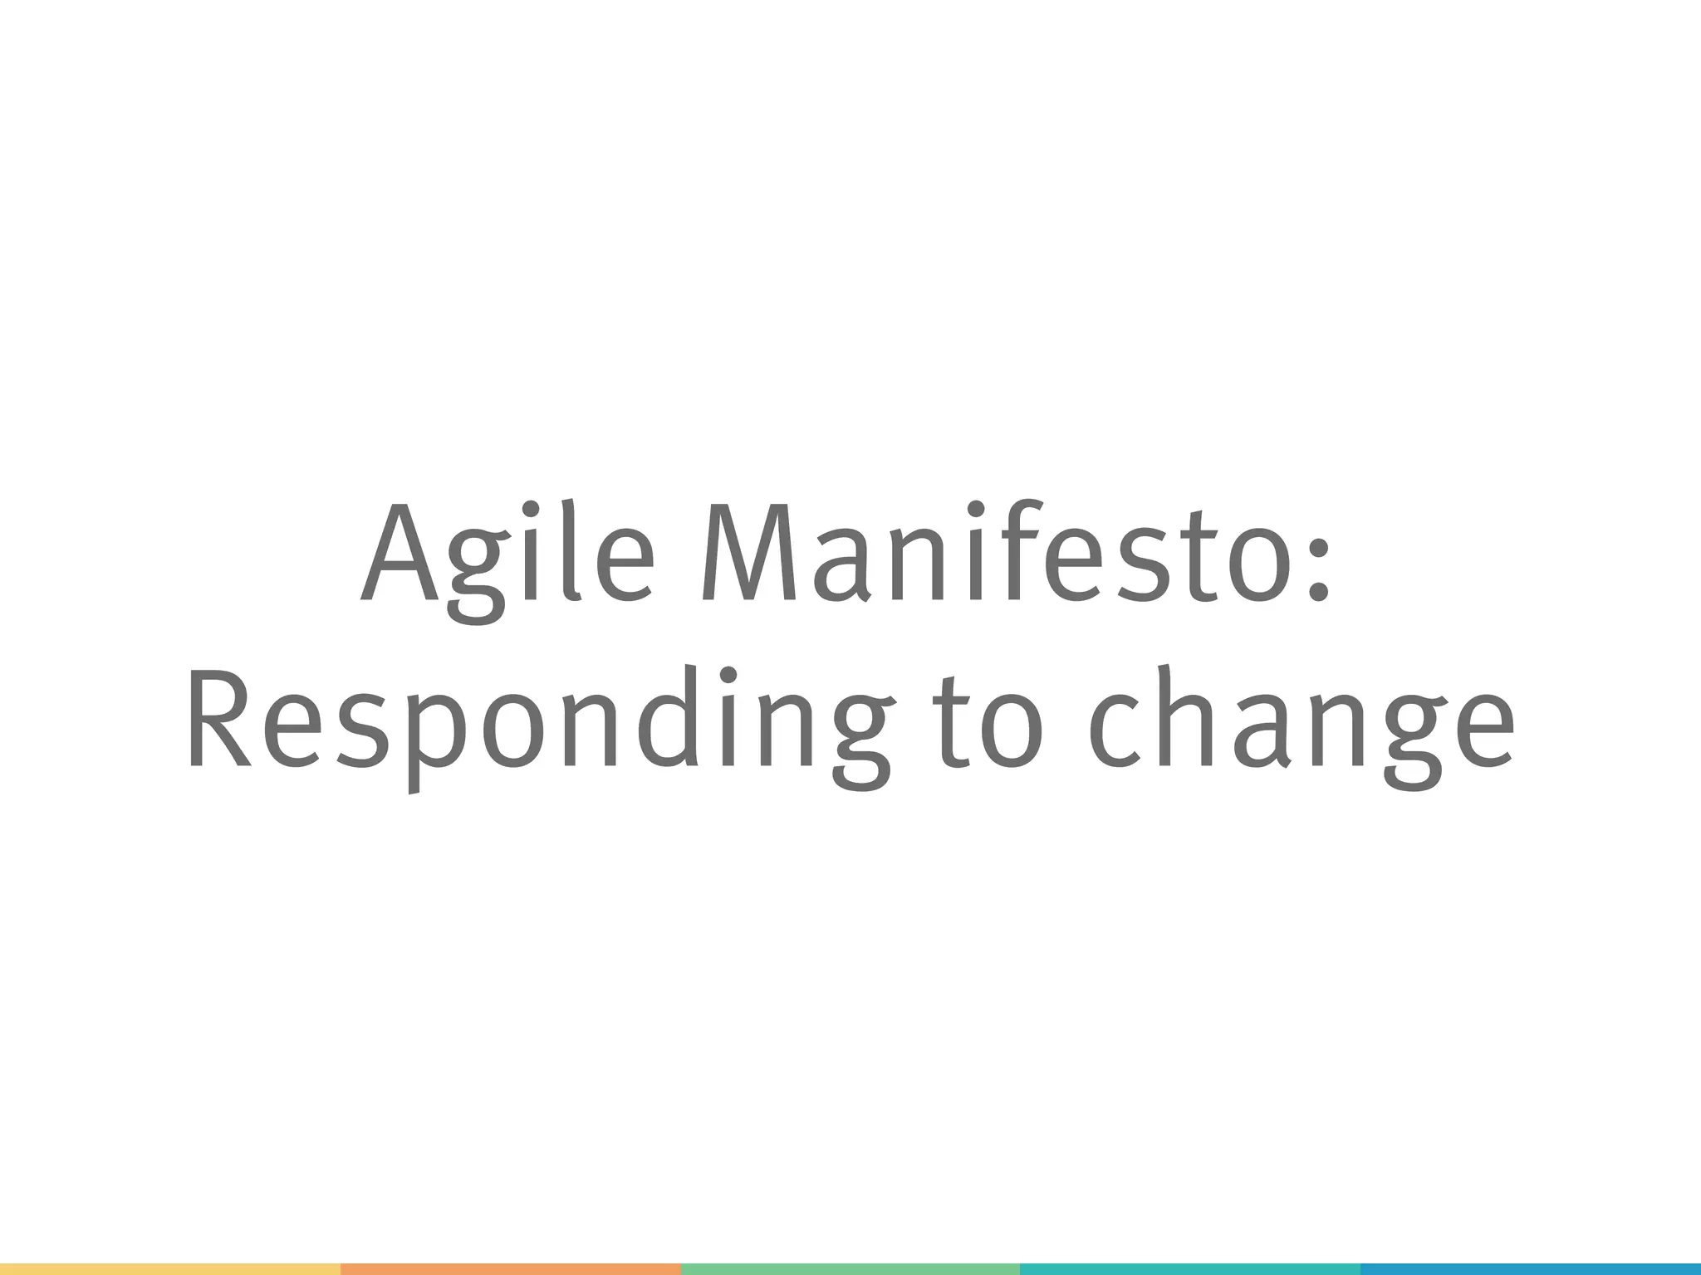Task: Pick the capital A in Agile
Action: [x=400, y=552]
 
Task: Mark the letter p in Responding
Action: [x=436, y=735]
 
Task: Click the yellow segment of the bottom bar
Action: [x=169, y=1269]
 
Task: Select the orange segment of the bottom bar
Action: [x=510, y=1269]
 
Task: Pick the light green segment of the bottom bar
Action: [x=850, y=1269]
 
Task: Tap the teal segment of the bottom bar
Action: [x=1189, y=1269]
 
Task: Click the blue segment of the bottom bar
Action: [x=1530, y=1269]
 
